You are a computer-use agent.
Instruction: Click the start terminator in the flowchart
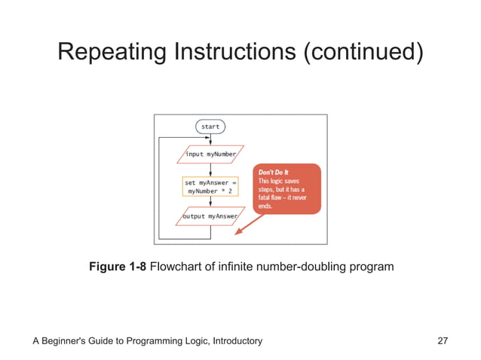210,127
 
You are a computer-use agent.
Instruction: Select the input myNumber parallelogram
210,154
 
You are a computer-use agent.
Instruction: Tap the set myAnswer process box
210,186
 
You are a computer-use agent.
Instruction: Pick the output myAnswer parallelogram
210,216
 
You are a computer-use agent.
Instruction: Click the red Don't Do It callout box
287,188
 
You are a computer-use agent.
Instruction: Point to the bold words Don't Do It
274,173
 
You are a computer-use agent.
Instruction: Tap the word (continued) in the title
364,52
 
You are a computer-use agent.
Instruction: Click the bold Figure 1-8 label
118,267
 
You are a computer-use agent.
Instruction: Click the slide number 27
443,341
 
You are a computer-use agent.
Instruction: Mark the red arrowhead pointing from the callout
239,231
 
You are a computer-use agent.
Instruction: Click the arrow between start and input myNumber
210,139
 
